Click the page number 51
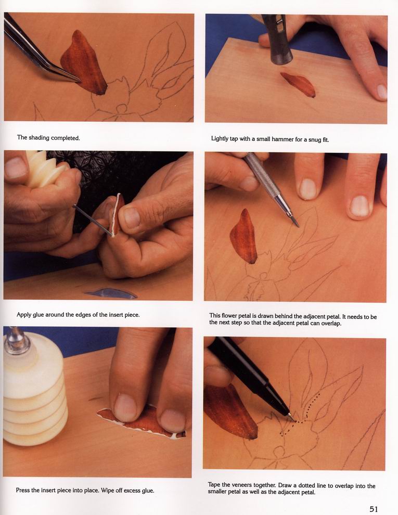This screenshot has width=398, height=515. pyautogui.click(x=374, y=509)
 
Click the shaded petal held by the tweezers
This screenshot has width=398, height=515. pyautogui.click(x=83, y=63)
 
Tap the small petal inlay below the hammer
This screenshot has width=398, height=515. pyautogui.click(x=298, y=84)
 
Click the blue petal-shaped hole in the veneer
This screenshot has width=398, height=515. pyautogui.click(x=111, y=293)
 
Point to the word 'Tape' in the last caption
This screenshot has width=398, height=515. pyautogui.click(x=214, y=485)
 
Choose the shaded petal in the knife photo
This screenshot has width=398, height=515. pyautogui.click(x=243, y=237)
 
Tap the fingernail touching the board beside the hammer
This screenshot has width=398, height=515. pyautogui.click(x=382, y=92)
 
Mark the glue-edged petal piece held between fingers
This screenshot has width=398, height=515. pyautogui.click(x=118, y=214)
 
